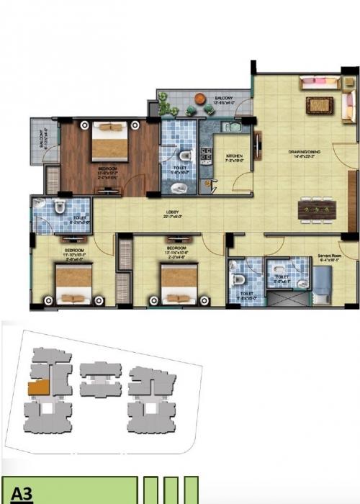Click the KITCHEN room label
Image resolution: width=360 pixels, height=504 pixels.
235,156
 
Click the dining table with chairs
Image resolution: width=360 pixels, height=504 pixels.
317,209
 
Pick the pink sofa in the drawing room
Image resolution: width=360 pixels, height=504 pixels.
320,85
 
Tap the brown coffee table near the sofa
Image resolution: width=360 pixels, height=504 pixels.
319,105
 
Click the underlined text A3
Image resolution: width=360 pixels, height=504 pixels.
21,495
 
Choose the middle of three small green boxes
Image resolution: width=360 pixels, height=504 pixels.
171,490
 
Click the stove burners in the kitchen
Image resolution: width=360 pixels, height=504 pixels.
204,153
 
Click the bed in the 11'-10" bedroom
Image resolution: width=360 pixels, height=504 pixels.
73,283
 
